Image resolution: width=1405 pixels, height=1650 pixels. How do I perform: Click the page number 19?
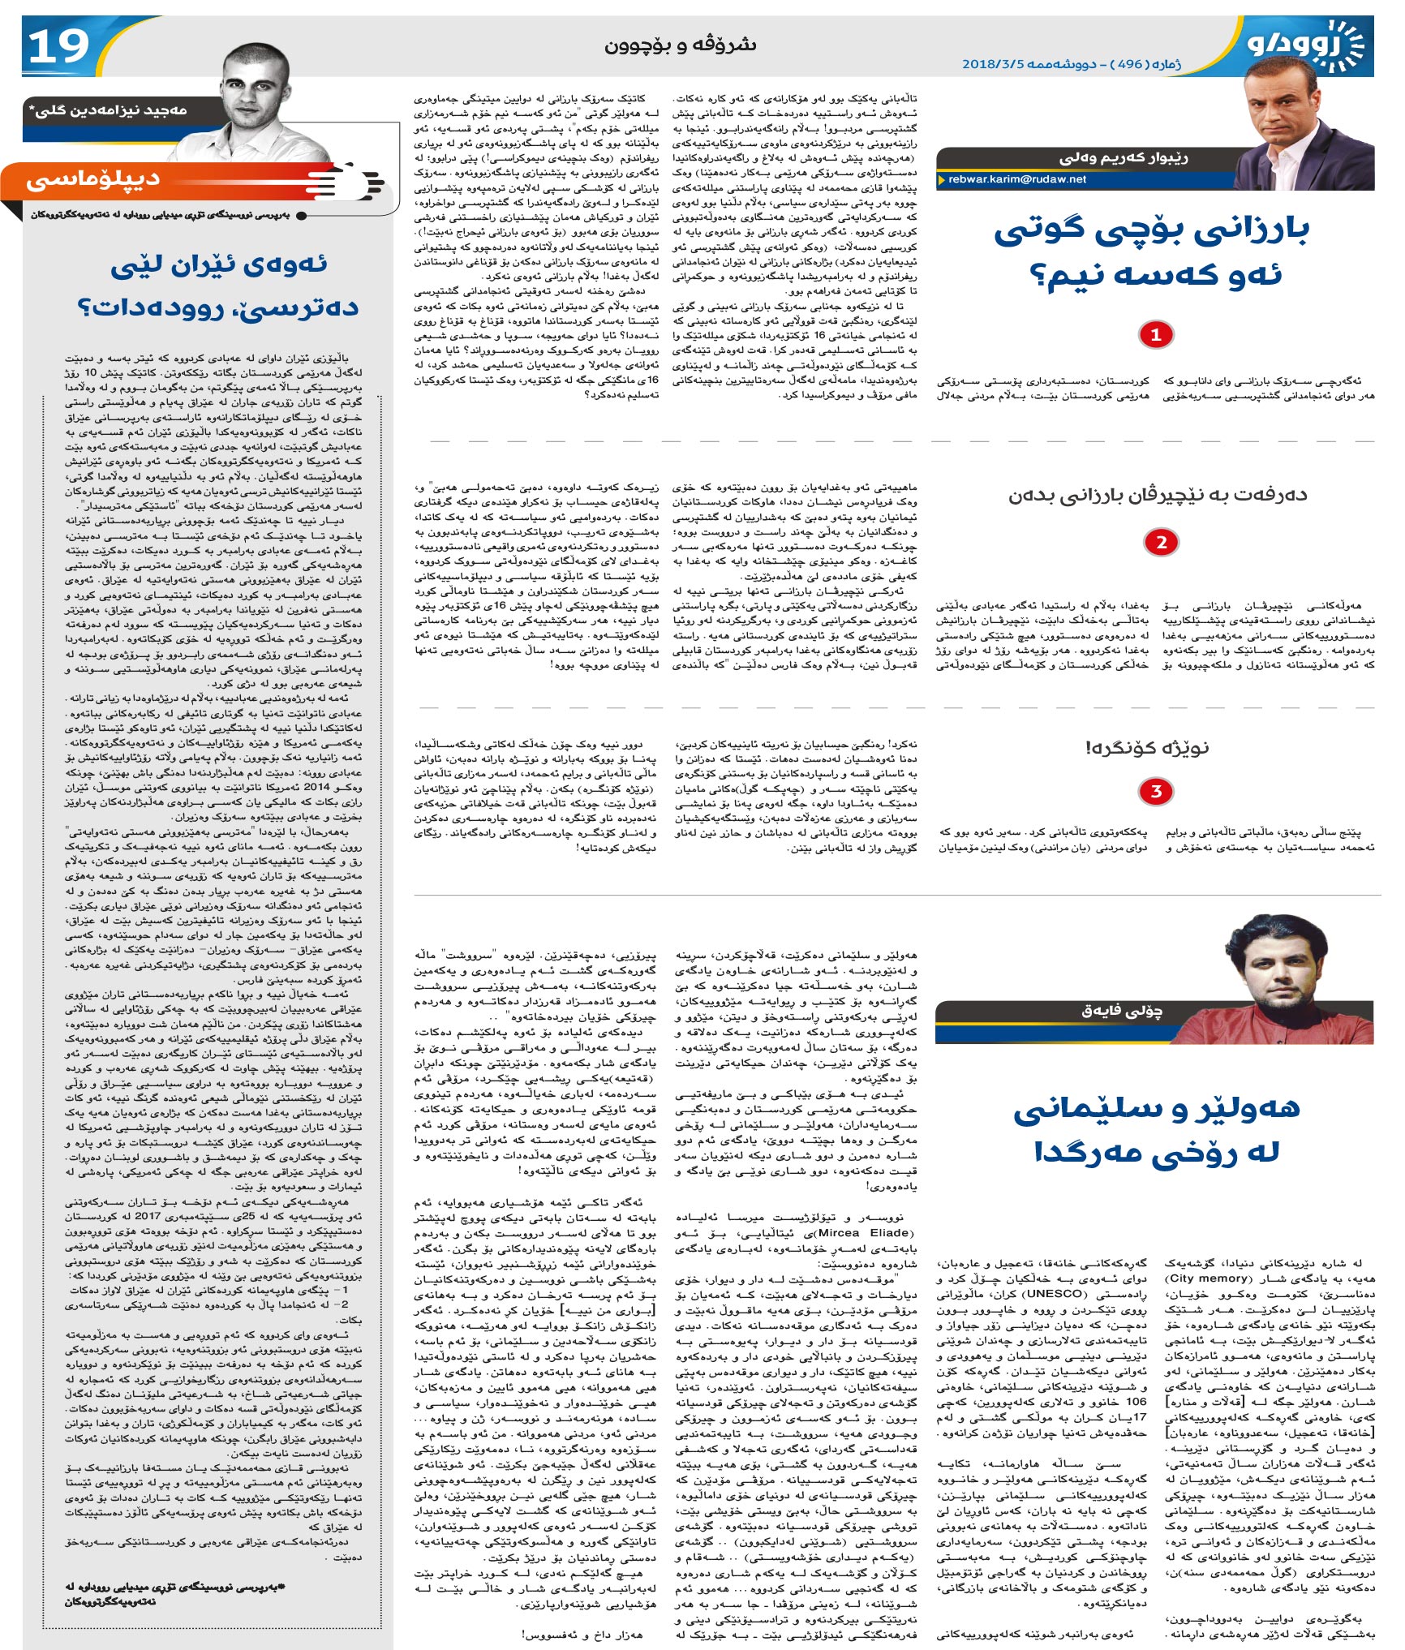coord(58,46)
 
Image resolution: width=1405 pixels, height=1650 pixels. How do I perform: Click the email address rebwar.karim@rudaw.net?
coord(1016,179)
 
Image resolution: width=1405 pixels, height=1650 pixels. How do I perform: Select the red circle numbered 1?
coord(1156,334)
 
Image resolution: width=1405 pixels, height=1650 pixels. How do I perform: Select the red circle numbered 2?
coord(1161,543)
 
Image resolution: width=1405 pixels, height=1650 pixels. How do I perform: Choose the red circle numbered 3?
coord(1156,791)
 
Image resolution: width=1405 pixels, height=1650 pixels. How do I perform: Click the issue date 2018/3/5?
coord(993,64)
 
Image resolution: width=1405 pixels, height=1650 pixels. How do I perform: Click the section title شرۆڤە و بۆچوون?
coord(680,44)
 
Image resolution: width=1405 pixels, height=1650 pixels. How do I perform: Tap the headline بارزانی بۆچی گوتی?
coord(1151,231)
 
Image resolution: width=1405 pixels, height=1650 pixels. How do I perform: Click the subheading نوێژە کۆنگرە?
coord(1147,747)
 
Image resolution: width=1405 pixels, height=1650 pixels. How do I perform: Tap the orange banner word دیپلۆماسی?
coord(93,180)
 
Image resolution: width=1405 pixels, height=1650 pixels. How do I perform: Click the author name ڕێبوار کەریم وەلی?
coord(1124,157)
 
